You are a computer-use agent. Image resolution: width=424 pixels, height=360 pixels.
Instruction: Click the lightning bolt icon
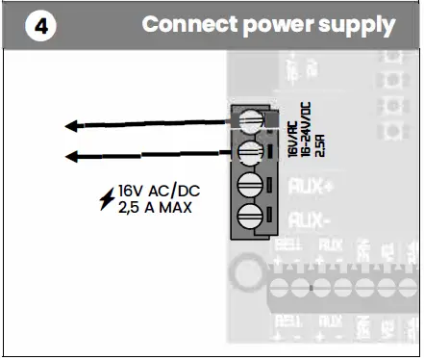coord(107,198)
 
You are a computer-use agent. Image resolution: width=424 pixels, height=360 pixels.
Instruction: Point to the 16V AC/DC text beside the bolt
coord(154,192)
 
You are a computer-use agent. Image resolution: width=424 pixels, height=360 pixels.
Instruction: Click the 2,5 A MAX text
coord(154,207)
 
